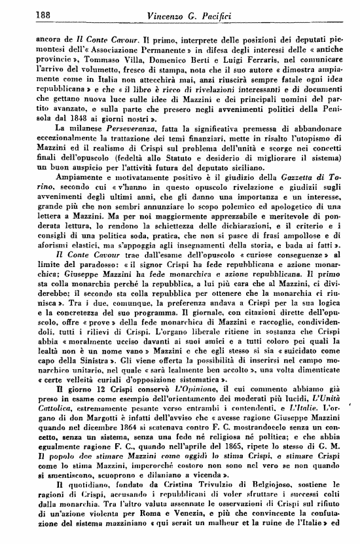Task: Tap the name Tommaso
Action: pyautogui.click(x=96, y=57)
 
